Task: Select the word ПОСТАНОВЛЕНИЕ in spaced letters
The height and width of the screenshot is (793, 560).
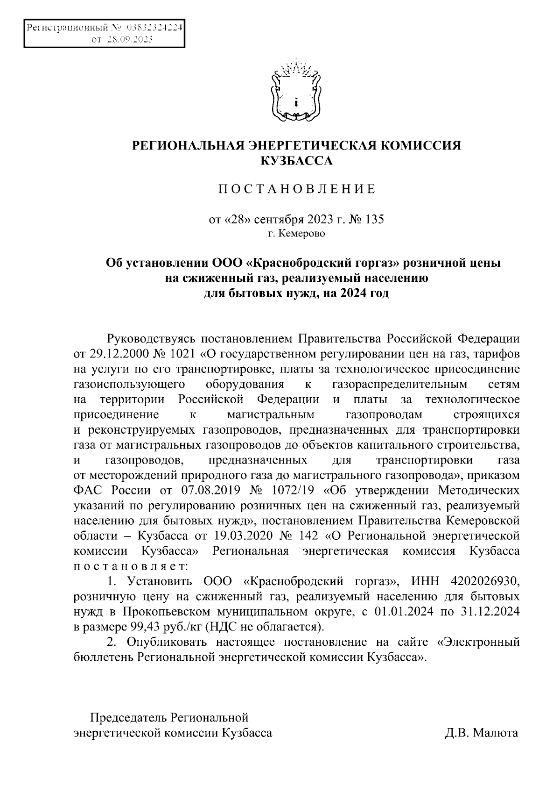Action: click(x=297, y=190)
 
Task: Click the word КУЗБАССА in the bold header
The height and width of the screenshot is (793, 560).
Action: click(x=297, y=162)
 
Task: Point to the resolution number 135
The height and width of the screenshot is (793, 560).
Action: click(x=374, y=219)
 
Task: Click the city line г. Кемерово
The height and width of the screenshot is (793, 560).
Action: click(x=297, y=233)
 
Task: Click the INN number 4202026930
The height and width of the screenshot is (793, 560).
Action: click(x=485, y=581)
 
